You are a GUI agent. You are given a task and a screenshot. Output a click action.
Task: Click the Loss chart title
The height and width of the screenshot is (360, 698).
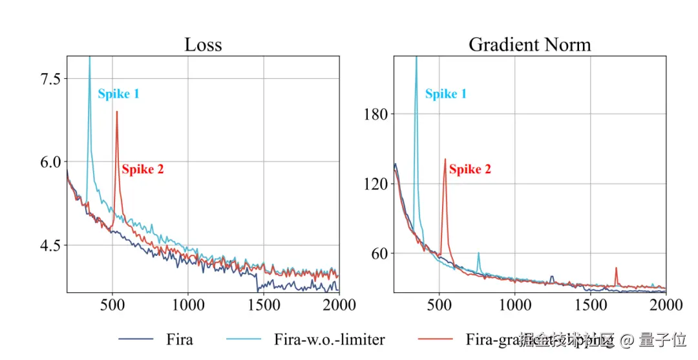203,45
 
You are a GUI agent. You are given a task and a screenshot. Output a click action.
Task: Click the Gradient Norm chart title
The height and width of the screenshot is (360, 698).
529,45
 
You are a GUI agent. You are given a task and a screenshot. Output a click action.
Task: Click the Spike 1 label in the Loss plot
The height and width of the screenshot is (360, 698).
118,94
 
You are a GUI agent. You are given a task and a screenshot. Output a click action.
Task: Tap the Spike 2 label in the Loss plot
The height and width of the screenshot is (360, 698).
143,169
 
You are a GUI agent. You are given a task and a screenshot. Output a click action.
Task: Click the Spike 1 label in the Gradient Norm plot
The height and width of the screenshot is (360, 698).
446,94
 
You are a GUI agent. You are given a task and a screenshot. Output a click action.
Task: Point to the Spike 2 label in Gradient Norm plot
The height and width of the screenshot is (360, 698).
470,169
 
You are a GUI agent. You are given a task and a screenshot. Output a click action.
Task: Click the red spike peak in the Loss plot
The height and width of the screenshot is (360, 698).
116,112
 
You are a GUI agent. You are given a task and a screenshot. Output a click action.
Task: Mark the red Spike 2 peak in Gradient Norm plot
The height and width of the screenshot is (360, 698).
445,160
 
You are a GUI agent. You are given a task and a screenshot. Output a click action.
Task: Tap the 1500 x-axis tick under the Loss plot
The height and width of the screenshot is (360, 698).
264,304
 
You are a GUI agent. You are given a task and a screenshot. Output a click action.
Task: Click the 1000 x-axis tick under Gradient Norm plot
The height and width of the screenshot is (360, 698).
515,304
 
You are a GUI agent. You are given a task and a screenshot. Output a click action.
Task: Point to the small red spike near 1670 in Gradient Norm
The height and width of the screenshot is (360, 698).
616,268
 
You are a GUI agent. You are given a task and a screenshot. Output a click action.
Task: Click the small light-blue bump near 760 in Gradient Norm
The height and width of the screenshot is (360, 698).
478,254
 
